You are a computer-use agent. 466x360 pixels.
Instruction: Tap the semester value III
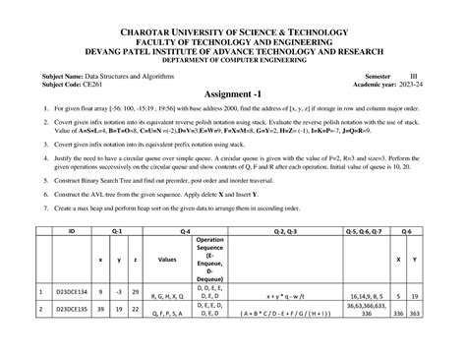(413, 75)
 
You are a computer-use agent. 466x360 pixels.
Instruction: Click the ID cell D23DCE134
(71, 293)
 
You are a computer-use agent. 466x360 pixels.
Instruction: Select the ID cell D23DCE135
(71, 308)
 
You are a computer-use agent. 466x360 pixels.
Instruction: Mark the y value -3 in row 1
(118, 293)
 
